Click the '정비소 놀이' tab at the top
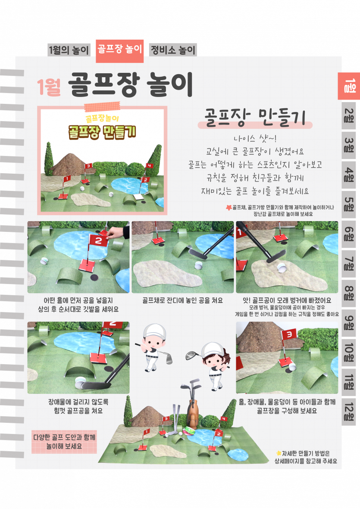[x=173, y=50]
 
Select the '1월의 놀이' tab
[x=69, y=50]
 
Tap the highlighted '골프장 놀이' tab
[x=119, y=50]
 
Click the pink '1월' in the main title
[x=49, y=87]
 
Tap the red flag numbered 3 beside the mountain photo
[x=288, y=334]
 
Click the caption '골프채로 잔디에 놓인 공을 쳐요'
[x=182, y=300]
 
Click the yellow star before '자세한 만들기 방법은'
[x=279, y=453]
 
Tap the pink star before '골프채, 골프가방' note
[x=229, y=207]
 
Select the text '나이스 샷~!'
[x=255, y=139]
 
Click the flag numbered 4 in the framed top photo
[x=149, y=166]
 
